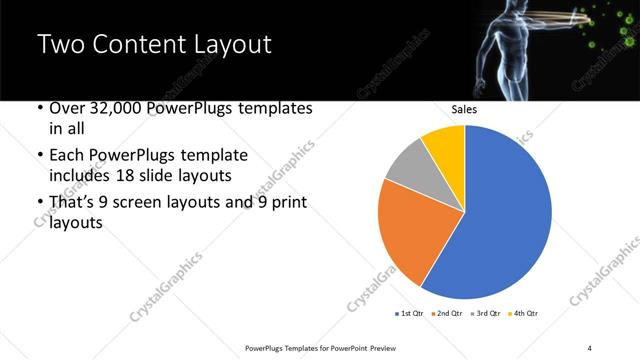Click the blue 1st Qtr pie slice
click(500, 220)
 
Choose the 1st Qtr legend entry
click(409, 314)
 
